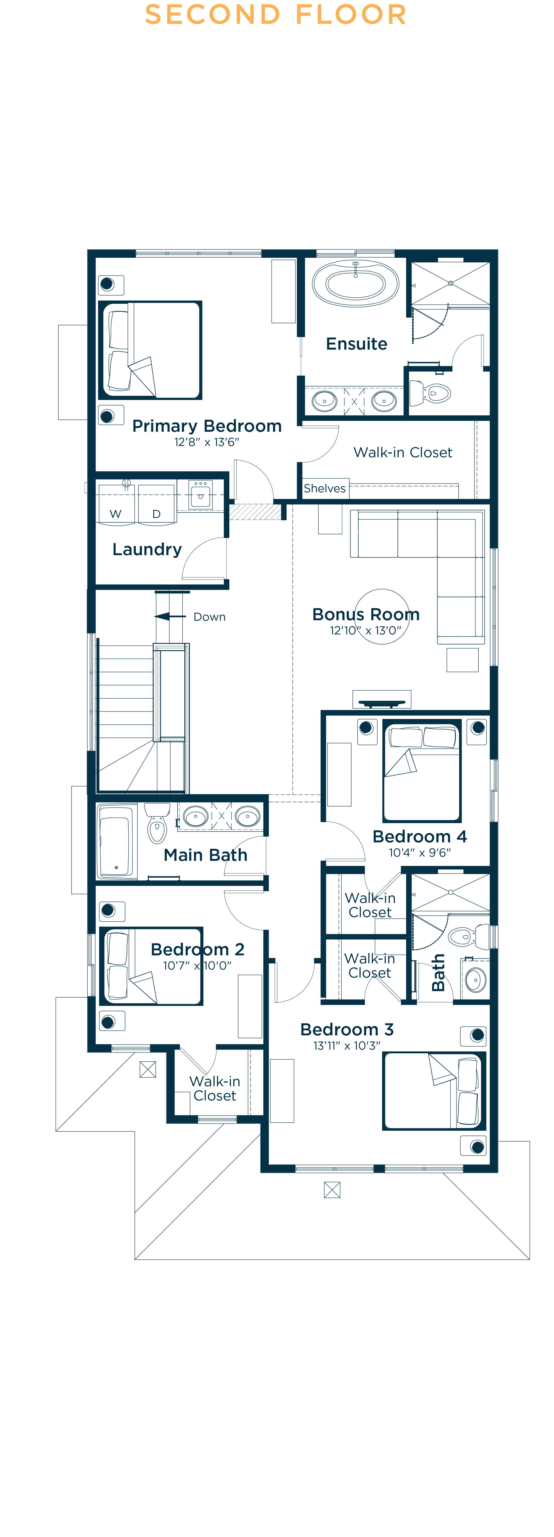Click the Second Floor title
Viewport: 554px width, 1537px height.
click(276, 14)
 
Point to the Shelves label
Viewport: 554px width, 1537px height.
click(324, 488)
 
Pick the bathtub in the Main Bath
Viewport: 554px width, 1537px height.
click(117, 841)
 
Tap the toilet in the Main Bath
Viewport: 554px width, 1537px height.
click(157, 823)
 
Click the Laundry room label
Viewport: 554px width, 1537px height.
click(147, 549)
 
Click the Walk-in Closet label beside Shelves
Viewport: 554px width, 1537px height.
click(403, 452)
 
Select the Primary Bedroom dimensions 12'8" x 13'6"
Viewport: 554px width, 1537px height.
click(207, 442)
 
